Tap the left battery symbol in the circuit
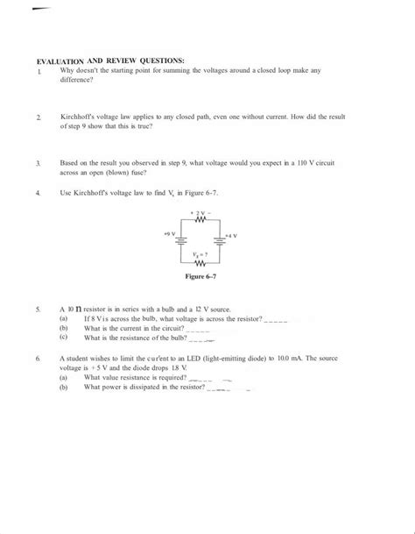click(x=173, y=243)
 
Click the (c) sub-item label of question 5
click(x=63, y=336)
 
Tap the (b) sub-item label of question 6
click(x=63, y=386)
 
